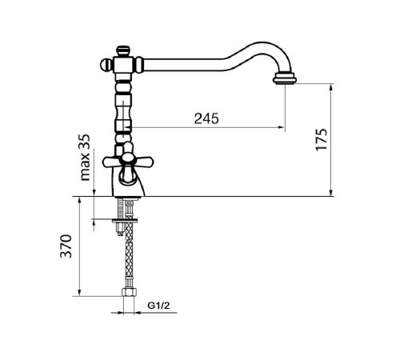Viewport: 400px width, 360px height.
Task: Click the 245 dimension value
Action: [206, 118]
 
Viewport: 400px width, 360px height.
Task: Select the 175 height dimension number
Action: [321, 139]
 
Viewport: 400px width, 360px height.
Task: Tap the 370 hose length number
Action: [66, 246]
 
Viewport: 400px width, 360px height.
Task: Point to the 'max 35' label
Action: [86, 158]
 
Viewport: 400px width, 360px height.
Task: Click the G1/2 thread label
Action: [158, 306]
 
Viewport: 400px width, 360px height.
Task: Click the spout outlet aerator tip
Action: [285, 79]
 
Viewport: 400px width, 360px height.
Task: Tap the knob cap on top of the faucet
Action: [123, 51]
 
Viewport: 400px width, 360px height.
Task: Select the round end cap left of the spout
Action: [106, 65]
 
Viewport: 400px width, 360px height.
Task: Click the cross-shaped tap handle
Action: [128, 161]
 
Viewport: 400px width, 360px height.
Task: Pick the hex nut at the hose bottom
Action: [129, 292]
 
